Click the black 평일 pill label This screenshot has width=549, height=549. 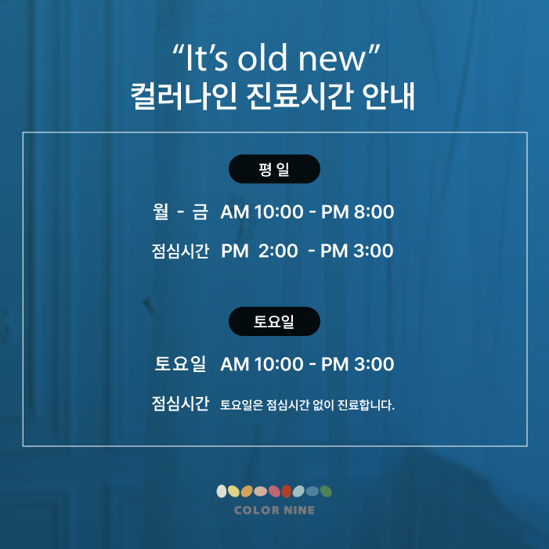pos(274,168)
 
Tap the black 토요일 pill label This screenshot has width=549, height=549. pos(274,321)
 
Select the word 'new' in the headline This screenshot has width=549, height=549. pos(331,60)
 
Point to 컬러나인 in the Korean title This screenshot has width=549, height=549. pos(183,96)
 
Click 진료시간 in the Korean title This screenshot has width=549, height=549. pos(299,96)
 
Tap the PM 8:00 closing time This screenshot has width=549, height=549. pos(357,211)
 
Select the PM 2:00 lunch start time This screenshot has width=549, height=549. pos(259,251)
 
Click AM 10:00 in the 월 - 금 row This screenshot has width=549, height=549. pos(262,211)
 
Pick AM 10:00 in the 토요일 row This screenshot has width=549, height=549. pos(262,364)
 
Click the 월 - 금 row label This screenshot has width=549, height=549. pos(180,211)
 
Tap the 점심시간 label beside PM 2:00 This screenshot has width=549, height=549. pos(180,251)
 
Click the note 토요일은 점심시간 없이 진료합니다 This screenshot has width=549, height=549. pos(307,405)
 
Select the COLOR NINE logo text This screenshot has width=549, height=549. pos(274,510)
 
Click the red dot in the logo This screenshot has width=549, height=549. pos(287,491)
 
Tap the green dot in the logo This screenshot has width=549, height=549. pos(326,491)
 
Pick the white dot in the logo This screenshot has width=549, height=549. pos(222,491)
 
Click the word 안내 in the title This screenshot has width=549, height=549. pos(388,96)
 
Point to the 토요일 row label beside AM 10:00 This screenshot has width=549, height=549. pos(180,364)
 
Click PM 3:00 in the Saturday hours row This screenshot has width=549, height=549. pos(357,364)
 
